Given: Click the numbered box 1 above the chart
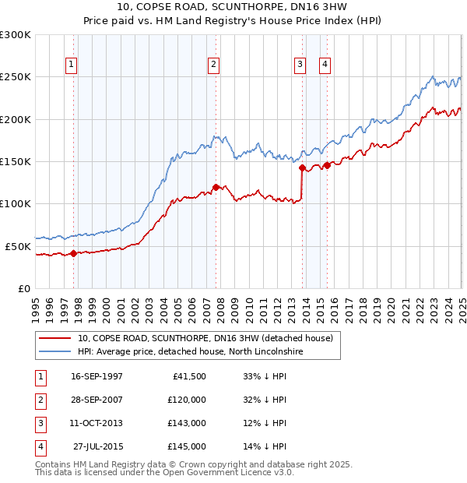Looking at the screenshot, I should [71, 65].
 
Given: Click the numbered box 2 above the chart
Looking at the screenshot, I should [212, 65].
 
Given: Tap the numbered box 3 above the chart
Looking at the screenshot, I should [300, 65].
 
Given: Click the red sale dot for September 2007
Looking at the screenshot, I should [216, 187].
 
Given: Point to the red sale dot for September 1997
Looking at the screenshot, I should [73, 253].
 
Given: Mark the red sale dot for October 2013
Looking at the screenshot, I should [302, 167].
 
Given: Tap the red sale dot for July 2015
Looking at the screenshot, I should [328, 165].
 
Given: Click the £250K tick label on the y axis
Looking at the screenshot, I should [16, 77].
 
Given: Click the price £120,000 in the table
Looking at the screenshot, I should [187, 400].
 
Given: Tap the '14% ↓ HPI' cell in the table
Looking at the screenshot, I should [265, 446].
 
